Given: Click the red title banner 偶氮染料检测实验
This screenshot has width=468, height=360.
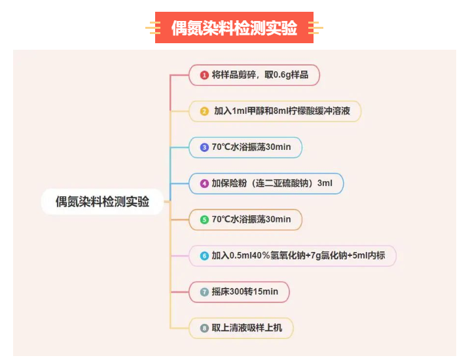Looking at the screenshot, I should pyautogui.click(x=234, y=27).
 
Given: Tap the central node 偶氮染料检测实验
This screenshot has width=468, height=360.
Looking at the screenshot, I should pyautogui.click(x=102, y=202).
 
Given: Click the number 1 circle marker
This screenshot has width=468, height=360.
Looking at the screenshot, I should pyautogui.click(x=204, y=75).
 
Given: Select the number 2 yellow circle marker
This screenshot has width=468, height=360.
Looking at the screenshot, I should pyautogui.click(x=204, y=111).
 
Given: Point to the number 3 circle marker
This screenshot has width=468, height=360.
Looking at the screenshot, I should pyautogui.click(x=204, y=147).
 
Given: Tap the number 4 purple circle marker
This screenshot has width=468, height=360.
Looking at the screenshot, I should pyautogui.click(x=204, y=183).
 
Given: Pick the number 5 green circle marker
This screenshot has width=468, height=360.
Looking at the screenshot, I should pyautogui.click(x=204, y=219).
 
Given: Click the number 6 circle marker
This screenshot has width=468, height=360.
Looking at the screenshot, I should pyautogui.click(x=204, y=256).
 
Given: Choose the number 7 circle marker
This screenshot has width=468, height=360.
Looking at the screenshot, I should pyautogui.click(x=204, y=292).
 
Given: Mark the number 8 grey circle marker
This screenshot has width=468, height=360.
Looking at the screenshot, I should pyautogui.click(x=204, y=328).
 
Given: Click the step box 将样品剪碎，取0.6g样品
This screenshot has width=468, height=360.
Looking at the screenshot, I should pyautogui.click(x=256, y=75).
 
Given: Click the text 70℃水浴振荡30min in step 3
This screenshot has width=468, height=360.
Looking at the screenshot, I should pyautogui.click(x=251, y=147).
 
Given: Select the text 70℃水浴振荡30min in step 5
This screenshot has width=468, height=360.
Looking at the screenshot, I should pyautogui.click(x=251, y=219).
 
